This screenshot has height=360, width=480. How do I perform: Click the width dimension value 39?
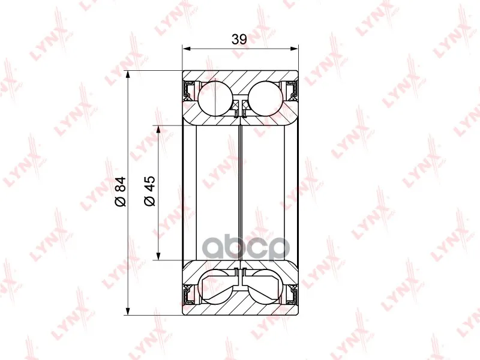coord(239,39)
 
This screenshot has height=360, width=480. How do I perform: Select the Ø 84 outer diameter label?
coord(120,191)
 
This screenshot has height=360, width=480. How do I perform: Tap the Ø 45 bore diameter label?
coord(149,191)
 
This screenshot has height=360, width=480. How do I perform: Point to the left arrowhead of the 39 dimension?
coord(186,49)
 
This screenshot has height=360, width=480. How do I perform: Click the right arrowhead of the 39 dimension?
coord(294,49)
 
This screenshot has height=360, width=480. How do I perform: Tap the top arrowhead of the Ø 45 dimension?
coord(158,130)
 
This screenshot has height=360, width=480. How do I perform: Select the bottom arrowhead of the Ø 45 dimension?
coord(158,256)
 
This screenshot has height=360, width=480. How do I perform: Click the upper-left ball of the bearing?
coord(215,98)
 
